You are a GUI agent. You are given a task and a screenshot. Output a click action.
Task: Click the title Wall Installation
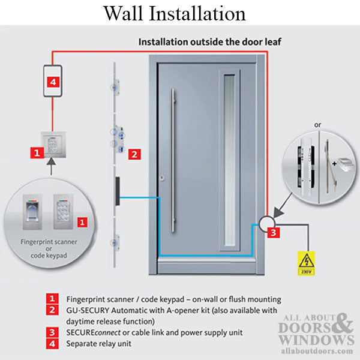[x=174, y=13]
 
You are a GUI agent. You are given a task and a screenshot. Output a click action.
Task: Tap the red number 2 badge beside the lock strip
[x=135, y=154]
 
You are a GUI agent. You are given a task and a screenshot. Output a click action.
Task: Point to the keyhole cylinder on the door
[x=162, y=178]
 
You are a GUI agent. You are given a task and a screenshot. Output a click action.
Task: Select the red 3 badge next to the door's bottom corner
[x=273, y=233]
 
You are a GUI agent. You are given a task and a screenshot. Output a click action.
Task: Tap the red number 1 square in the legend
[x=53, y=298]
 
